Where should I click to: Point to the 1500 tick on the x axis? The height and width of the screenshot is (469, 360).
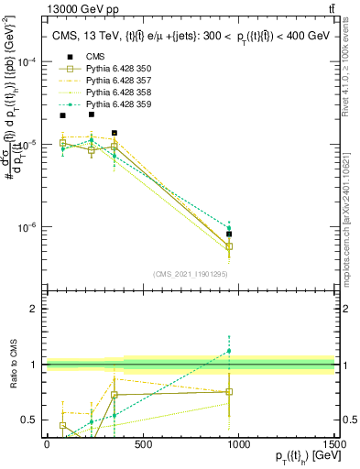[334, 443]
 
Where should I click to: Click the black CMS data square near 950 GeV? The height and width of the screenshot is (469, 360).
[229, 234]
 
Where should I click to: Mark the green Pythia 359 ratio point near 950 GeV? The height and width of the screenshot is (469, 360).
[229, 351]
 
